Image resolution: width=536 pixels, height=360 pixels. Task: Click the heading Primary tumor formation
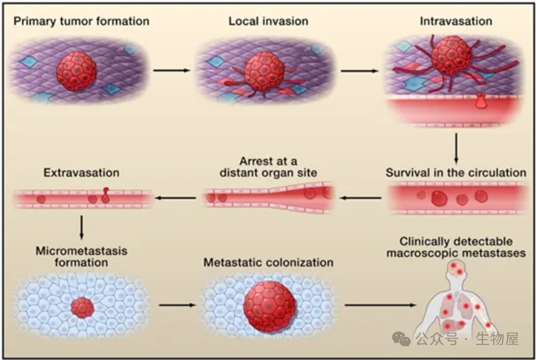[82, 21]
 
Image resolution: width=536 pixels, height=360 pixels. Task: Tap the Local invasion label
[268, 21]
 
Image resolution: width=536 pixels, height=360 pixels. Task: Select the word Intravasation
[456, 21]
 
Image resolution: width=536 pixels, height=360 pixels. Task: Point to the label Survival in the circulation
[456, 173]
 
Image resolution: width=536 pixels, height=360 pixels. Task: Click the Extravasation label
[82, 173]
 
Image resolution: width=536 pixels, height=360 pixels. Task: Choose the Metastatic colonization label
[268, 262]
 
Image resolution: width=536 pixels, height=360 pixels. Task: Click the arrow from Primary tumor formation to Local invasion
[171, 70]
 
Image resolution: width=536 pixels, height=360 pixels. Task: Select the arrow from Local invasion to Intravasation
[359, 70]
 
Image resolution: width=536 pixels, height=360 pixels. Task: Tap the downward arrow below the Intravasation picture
[456, 148]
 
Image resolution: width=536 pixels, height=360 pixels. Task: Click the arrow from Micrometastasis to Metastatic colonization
[177, 305]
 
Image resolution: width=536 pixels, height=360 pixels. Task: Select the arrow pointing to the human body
[380, 305]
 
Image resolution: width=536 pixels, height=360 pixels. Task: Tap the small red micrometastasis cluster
[82, 308]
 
